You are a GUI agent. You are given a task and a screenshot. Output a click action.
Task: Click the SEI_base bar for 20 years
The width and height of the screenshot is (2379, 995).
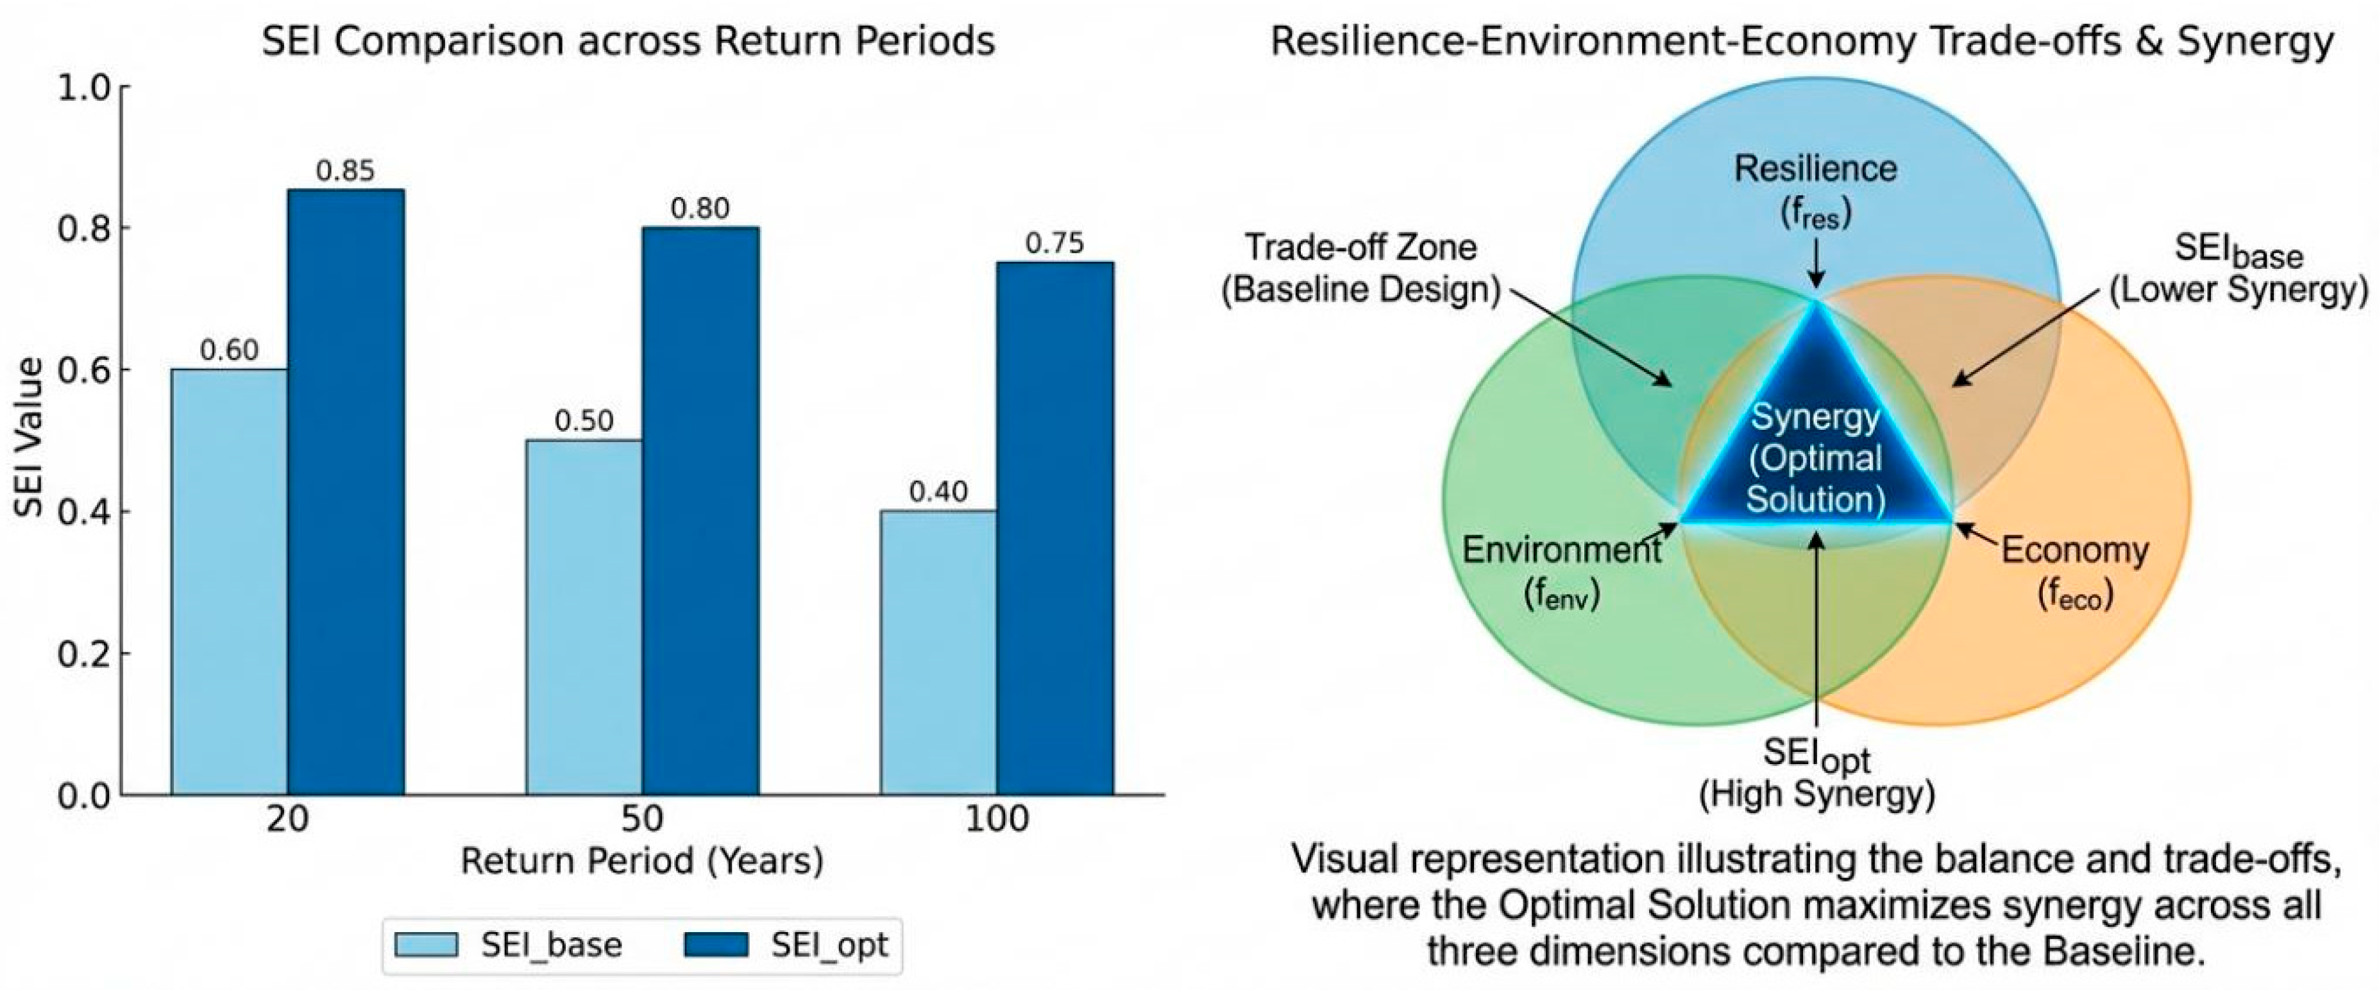[x=229, y=582]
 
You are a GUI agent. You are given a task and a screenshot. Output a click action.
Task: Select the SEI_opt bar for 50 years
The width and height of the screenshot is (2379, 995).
[x=701, y=511]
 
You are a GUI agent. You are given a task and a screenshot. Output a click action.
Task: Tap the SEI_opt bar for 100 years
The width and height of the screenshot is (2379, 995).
[x=1054, y=529]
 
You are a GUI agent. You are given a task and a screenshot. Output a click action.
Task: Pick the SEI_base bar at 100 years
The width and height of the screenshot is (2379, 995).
[x=938, y=653]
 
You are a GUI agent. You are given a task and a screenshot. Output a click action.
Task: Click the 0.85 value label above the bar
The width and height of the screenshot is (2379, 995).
[x=345, y=171]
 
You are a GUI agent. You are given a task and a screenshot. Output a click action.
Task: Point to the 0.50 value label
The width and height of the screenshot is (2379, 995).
[x=584, y=421]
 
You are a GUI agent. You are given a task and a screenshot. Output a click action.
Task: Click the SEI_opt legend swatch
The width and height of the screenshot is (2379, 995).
[x=716, y=944]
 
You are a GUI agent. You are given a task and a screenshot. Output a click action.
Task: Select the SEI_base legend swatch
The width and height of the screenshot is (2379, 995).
[x=426, y=944]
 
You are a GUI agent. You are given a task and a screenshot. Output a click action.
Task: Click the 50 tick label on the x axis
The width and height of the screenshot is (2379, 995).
[x=642, y=819]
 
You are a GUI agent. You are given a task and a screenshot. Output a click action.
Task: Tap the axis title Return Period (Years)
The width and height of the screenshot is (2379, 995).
[x=642, y=861]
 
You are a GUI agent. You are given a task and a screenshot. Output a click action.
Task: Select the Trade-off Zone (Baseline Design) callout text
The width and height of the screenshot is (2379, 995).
[x=1361, y=268]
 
